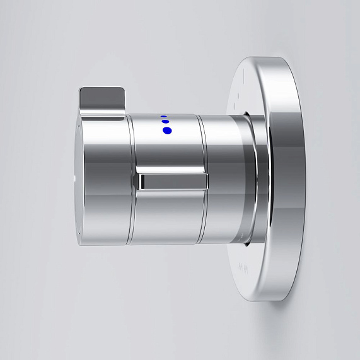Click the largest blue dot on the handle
click(166, 131)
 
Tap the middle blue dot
click(165, 122)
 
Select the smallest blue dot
click(163, 116)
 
